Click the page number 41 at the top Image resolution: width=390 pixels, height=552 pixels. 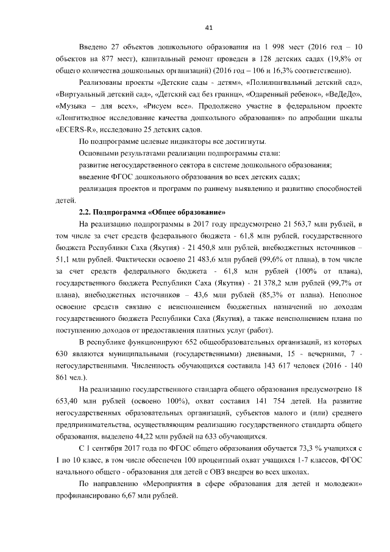[208, 27]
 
